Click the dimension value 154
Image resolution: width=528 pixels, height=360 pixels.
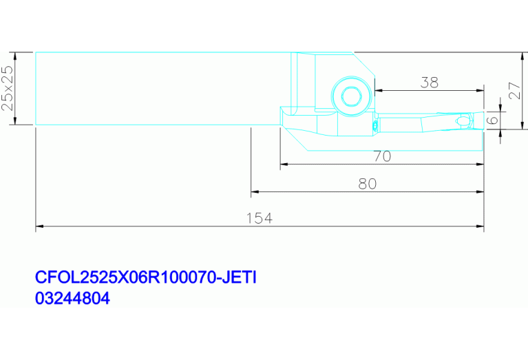(260, 218)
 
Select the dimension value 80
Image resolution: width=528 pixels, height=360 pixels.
(368, 184)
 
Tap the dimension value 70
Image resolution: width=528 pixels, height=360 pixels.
(382, 156)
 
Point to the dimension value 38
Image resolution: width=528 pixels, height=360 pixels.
(430, 83)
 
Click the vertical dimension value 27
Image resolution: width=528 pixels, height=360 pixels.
(515, 90)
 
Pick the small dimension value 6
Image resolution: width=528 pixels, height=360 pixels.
(493, 120)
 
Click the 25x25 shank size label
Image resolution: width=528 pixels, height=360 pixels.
(8, 88)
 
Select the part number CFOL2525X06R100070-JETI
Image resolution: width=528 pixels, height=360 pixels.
(146, 277)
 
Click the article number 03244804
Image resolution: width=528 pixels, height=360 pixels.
(72, 298)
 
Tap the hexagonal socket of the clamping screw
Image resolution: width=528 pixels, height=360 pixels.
(352, 96)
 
